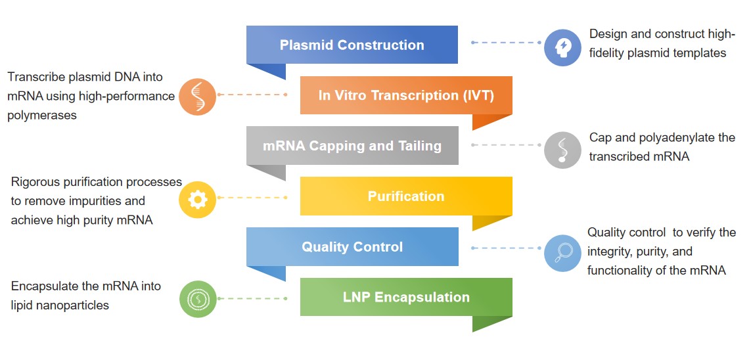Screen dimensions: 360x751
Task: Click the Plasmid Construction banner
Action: point(352,45)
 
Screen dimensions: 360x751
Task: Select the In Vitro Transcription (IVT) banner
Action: point(405,95)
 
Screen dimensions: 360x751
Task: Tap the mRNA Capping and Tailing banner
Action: point(352,146)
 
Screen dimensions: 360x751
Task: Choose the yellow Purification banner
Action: point(405,196)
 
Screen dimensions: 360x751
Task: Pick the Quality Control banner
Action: point(352,247)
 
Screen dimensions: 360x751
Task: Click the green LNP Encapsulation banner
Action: point(405,297)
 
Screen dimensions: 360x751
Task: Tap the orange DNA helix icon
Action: point(198,97)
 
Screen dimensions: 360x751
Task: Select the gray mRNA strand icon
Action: point(563,150)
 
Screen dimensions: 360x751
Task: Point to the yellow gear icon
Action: point(198,200)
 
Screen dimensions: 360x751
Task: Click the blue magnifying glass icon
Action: point(563,253)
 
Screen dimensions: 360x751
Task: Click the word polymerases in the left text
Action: point(42,116)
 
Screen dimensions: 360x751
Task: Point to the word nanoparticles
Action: point(72,305)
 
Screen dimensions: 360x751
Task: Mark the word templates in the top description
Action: point(701,53)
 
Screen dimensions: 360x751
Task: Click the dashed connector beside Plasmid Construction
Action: point(506,43)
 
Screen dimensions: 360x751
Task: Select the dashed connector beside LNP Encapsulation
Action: point(253,298)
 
